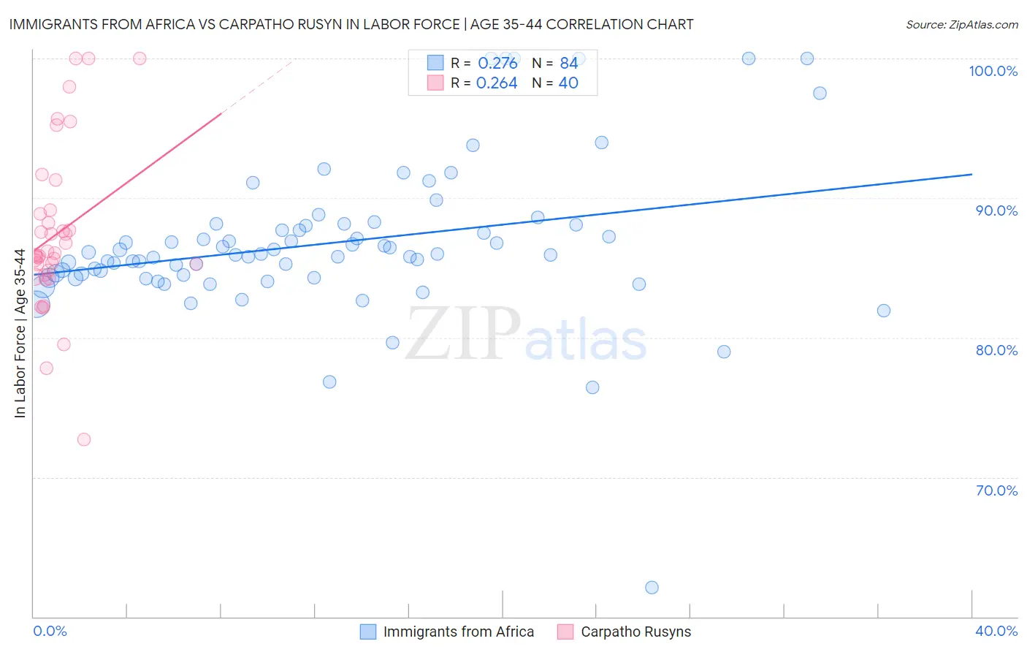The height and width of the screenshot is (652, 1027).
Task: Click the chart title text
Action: tap(351, 24)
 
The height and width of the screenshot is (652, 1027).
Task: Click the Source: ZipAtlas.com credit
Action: tap(961, 25)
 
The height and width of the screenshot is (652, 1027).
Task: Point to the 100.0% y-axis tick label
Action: tap(993, 71)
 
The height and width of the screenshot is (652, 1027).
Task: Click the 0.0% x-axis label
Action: tap(50, 631)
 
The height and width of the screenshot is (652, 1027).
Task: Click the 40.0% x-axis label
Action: tap(996, 631)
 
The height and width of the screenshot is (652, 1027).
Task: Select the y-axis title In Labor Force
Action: tap(20, 333)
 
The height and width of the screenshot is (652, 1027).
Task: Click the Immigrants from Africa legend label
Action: tap(458, 632)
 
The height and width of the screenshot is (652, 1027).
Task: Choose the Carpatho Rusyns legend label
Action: tap(635, 632)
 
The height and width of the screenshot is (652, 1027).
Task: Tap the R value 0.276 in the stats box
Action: tap(497, 64)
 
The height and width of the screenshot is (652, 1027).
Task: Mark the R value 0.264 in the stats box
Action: tap(497, 83)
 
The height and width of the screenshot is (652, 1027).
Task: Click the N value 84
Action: tap(569, 64)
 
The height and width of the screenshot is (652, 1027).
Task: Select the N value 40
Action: tap(568, 83)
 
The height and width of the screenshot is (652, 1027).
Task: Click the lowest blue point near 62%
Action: tap(652, 588)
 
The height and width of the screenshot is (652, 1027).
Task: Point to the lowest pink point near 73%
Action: tap(84, 439)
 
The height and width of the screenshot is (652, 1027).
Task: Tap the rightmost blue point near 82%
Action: tap(884, 311)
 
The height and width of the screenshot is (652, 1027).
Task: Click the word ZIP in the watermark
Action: tap(463, 334)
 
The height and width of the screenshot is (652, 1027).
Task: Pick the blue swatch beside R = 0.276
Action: tap(435, 63)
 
